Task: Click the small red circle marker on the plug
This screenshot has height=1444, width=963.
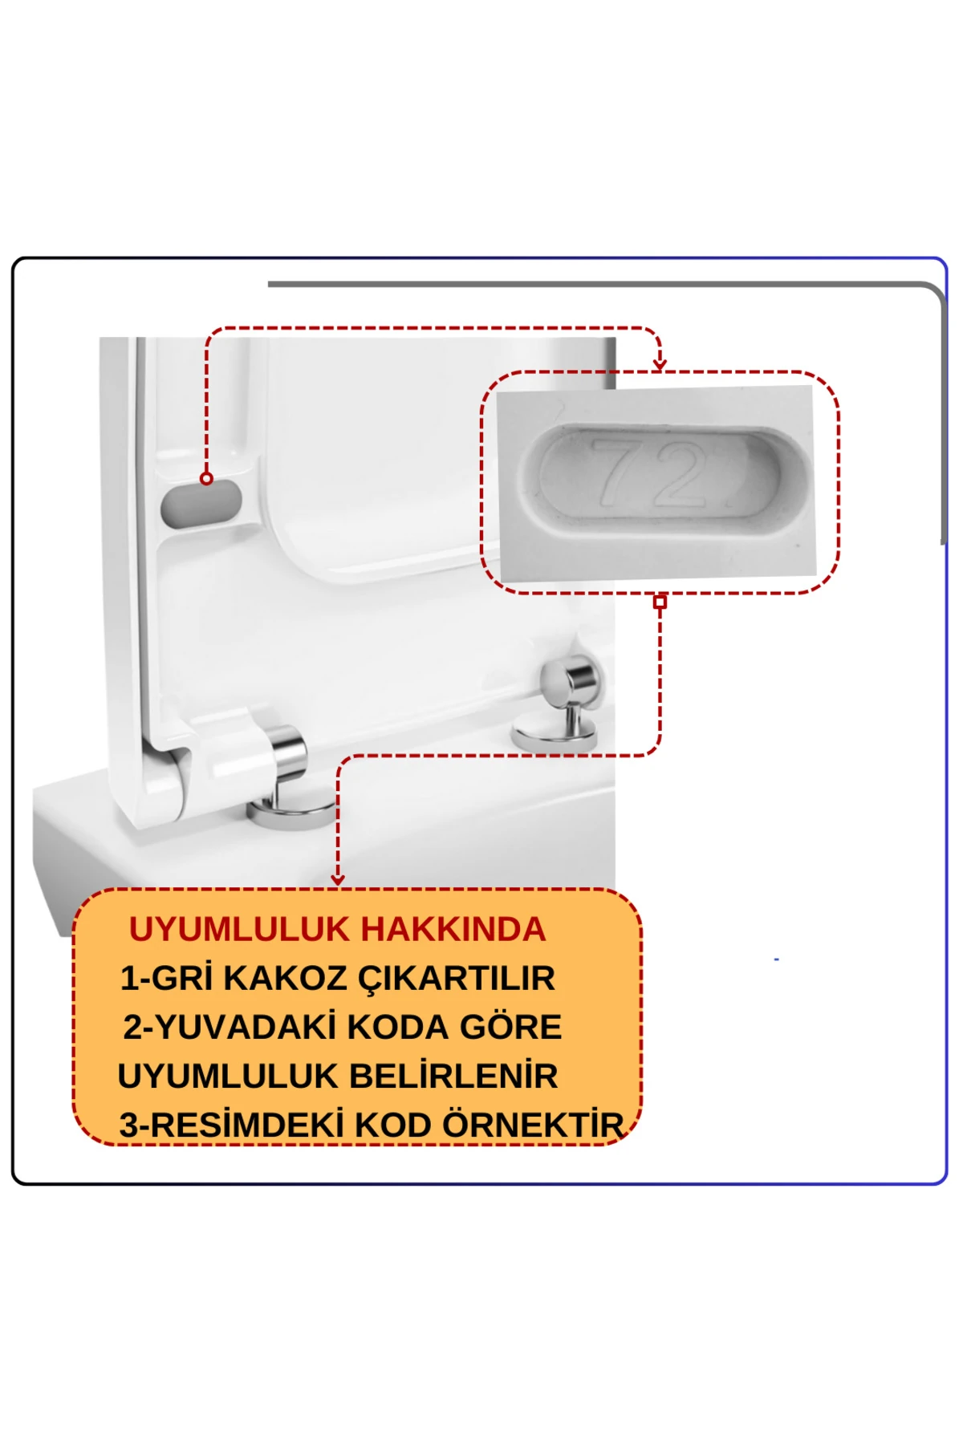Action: coord(206,479)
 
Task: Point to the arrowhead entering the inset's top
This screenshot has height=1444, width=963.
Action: coord(660,365)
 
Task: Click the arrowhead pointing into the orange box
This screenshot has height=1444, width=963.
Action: coord(338,880)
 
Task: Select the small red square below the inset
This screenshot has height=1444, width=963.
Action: coord(660,602)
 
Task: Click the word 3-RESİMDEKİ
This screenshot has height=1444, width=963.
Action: coord(231,1126)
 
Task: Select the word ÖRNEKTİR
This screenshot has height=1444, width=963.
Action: coord(533,1126)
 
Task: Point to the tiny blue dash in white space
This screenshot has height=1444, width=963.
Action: coord(776,959)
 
